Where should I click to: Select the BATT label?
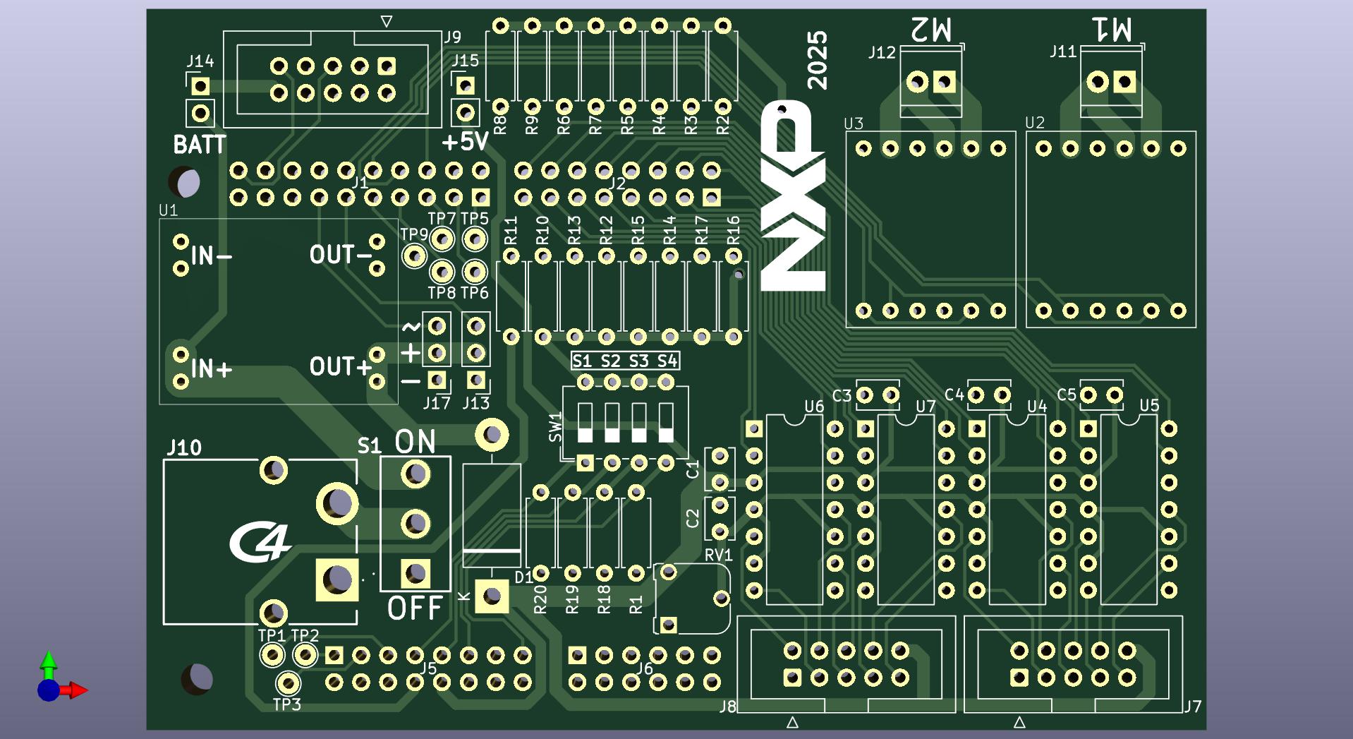(x=200, y=145)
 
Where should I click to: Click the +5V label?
(x=465, y=142)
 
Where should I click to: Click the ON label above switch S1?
(x=415, y=442)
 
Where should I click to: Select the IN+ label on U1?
(x=211, y=368)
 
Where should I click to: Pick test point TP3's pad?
(x=287, y=683)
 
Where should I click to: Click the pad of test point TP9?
(x=414, y=256)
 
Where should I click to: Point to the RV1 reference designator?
(x=718, y=555)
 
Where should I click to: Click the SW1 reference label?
(x=556, y=427)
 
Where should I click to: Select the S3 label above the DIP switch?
(x=638, y=361)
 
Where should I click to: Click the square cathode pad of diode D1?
(x=492, y=596)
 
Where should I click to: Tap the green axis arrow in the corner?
(x=48, y=661)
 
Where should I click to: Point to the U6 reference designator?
(x=814, y=407)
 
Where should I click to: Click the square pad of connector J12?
(x=945, y=83)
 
